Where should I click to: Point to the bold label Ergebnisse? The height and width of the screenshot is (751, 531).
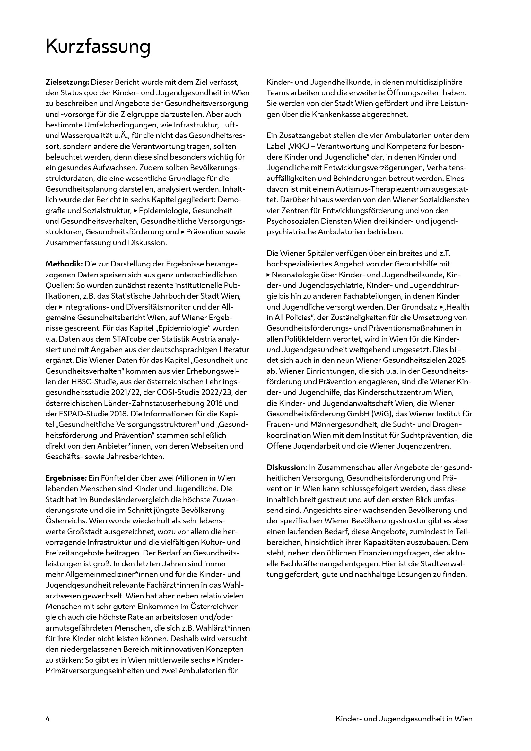coord(66,478)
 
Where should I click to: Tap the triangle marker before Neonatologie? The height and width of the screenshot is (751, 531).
coord(269,275)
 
